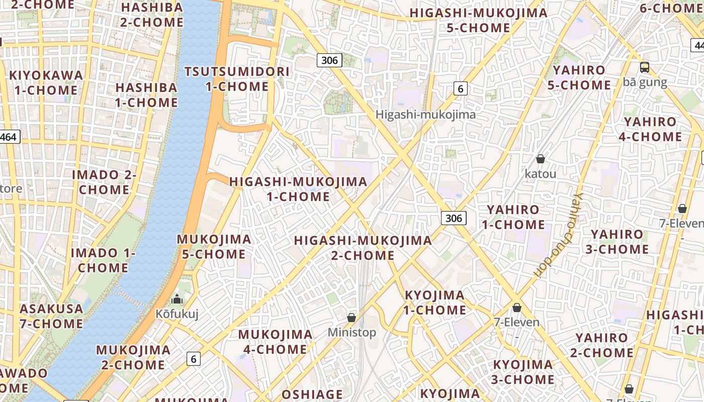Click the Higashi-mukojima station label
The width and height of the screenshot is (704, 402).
coord(425,115)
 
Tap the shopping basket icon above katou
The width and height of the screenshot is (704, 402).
coord(541,159)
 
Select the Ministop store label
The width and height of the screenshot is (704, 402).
coord(351,332)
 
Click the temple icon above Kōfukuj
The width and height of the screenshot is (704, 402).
coord(177,299)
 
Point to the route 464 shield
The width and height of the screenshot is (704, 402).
coord(9,137)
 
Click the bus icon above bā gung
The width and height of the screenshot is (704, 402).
coord(645,67)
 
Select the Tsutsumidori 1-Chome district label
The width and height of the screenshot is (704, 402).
coord(237,79)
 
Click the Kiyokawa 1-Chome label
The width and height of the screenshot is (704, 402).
coord(46,83)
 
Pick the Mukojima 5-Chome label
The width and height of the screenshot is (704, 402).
coord(214,247)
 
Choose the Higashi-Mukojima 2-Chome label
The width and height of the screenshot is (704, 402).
coord(363,248)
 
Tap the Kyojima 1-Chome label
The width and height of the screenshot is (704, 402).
coord(434,303)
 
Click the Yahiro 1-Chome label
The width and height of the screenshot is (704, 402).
coord(513,217)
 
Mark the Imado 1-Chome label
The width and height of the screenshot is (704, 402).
coord(103,260)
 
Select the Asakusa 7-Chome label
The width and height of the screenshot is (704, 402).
coord(51,316)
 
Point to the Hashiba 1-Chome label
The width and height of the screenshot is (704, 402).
coord(146,95)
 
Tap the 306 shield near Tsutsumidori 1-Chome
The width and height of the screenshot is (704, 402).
coord(329,60)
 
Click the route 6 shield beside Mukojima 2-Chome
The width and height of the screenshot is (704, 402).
coord(194,359)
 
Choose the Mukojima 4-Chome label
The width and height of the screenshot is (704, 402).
coord(275,342)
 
